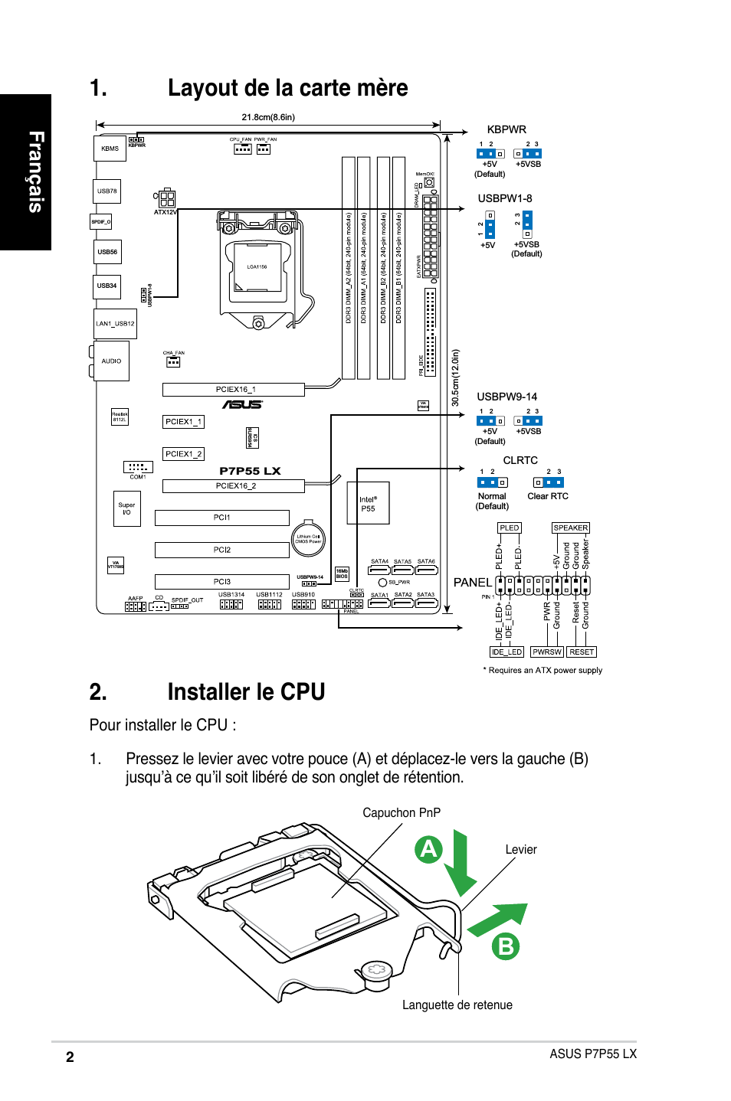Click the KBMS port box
[110, 149]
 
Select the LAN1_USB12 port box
[115, 324]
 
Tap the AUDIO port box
[112, 361]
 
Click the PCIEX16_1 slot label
[234, 390]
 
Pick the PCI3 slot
[221, 582]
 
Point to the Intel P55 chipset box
[369, 503]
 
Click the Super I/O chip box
[126, 508]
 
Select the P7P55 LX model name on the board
[250, 471]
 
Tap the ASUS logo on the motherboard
[242, 404]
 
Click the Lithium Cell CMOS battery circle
[308, 539]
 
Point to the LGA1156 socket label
[257, 267]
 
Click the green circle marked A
[428, 849]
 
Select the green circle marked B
[506, 946]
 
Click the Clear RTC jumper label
[548, 496]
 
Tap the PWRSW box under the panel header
[547, 652]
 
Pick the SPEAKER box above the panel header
[571, 528]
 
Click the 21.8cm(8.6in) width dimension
[268, 117]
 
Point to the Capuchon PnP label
[402, 812]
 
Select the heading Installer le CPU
[246, 692]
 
